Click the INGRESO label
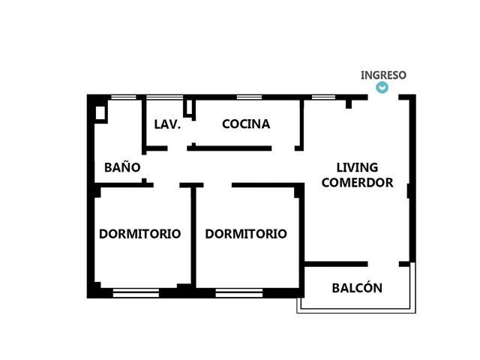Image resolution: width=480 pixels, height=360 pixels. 383,75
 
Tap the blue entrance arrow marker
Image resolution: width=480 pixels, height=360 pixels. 382,88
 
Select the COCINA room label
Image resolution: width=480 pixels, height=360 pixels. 246,124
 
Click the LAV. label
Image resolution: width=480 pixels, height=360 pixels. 167,124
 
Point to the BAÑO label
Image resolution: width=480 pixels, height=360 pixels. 122,167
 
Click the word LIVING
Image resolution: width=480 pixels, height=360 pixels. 357,167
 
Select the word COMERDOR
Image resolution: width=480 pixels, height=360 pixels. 357,182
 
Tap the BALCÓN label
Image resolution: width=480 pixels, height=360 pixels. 357,288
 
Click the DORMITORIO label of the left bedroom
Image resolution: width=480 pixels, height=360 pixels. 140,234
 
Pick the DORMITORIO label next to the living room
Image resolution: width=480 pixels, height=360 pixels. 246,234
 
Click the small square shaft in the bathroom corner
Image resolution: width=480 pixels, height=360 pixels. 100,113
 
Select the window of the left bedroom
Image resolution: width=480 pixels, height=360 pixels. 136,293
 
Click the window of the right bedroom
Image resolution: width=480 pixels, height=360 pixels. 239,293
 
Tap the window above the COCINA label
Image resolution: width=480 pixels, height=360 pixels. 249,97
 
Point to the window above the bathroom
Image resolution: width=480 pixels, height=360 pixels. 123,97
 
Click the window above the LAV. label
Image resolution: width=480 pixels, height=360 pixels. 164,97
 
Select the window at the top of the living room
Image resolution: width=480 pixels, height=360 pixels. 323,97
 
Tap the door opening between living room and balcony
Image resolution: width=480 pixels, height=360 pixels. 383,264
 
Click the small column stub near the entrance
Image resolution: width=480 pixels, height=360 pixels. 349,104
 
